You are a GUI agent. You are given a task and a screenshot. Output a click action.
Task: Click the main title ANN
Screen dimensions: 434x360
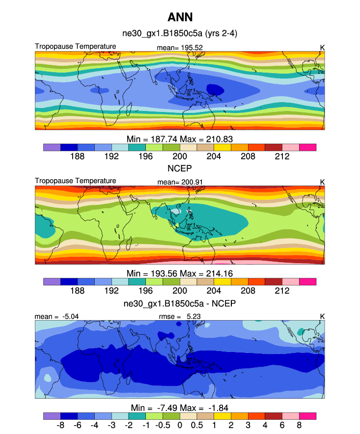180,18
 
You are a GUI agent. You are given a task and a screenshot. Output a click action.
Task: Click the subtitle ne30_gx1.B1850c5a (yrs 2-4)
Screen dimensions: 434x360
180,33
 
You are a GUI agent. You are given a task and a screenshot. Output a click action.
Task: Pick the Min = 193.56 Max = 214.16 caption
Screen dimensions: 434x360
180,273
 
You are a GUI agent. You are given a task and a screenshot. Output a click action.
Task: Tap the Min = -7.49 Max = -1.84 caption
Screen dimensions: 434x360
180,408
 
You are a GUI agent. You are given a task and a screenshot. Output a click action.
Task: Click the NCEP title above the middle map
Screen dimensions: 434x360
180,168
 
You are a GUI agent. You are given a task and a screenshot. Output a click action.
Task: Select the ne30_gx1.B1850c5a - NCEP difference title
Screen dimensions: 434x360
180,303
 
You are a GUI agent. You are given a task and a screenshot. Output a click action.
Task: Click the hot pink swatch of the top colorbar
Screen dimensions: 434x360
307,147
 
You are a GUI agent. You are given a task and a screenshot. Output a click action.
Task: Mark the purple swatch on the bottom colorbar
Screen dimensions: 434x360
52,416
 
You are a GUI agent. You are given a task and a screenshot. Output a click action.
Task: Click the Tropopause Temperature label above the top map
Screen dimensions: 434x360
76,47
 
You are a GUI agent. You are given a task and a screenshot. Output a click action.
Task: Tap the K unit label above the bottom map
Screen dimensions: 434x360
322,317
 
